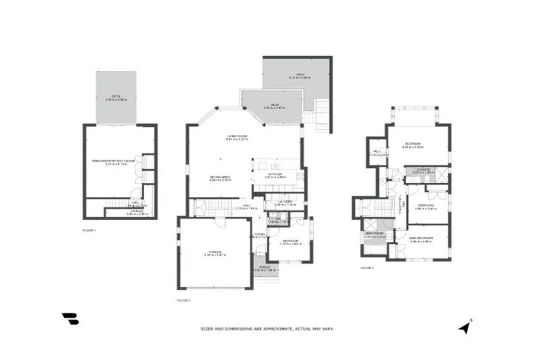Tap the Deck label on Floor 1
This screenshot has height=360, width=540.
pyautogui.click(x=116, y=98)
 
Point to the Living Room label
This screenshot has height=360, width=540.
pyautogui.click(x=236, y=137)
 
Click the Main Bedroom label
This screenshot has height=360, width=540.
pyautogui.click(x=420, y=239)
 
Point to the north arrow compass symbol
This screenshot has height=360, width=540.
pyautogui.click(x=464, y=326)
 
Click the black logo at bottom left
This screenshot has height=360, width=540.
pyautogui.click(x=70, y=319)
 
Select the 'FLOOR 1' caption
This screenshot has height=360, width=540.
pyautogui.click(x=89, y=230)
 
